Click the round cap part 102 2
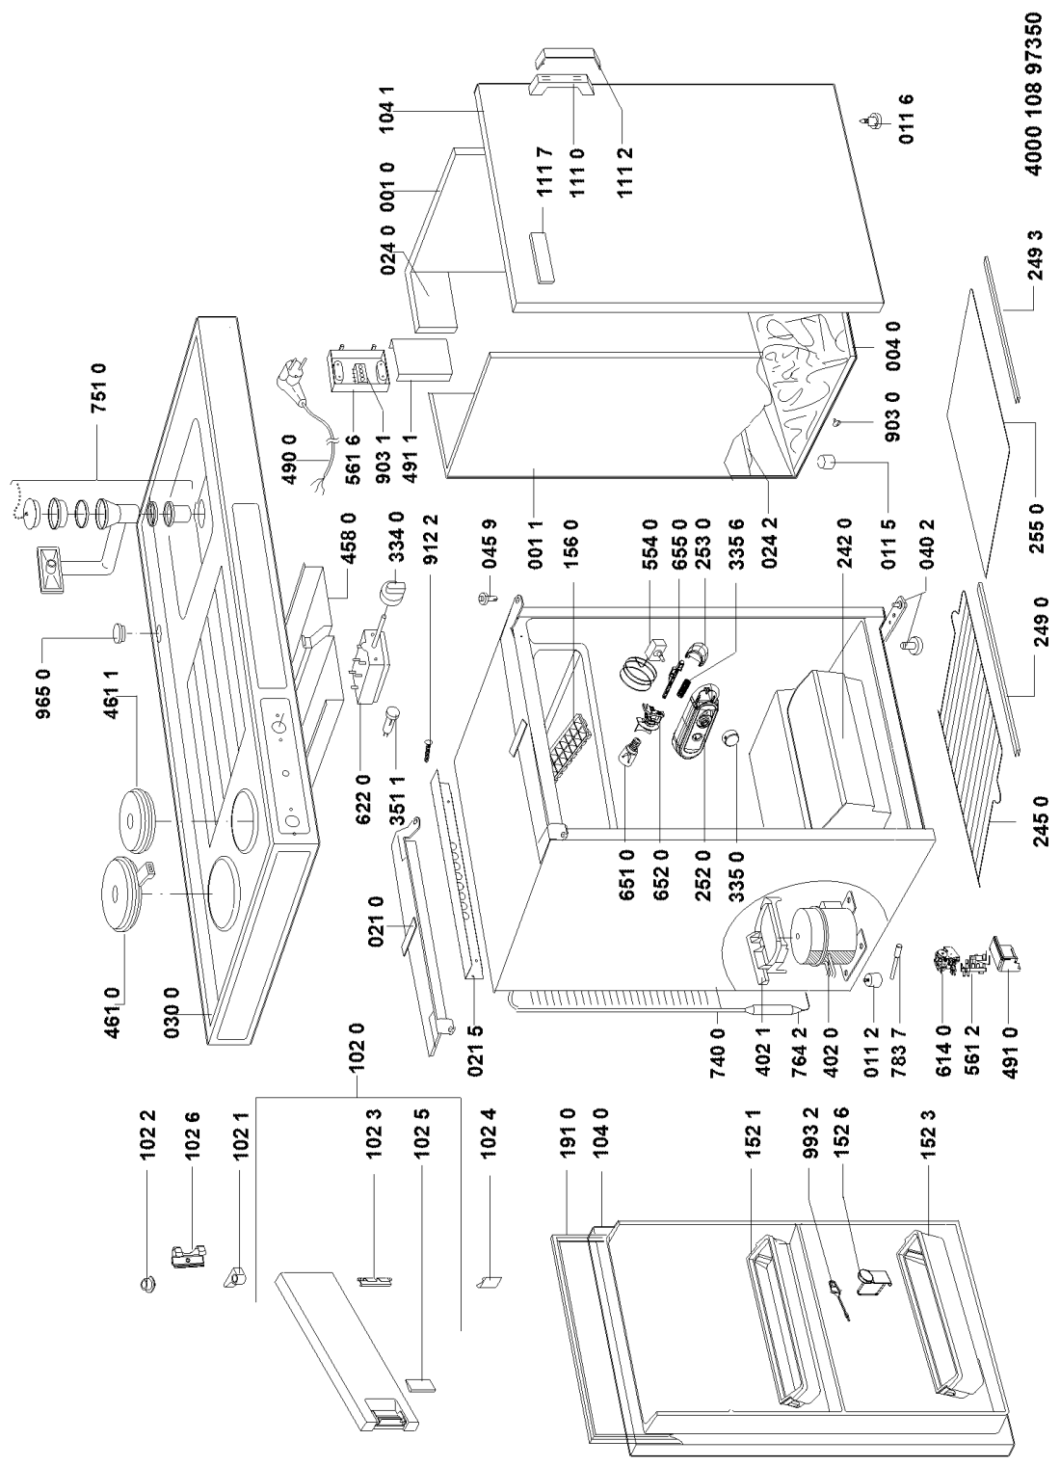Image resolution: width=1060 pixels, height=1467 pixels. [148, 1284]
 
